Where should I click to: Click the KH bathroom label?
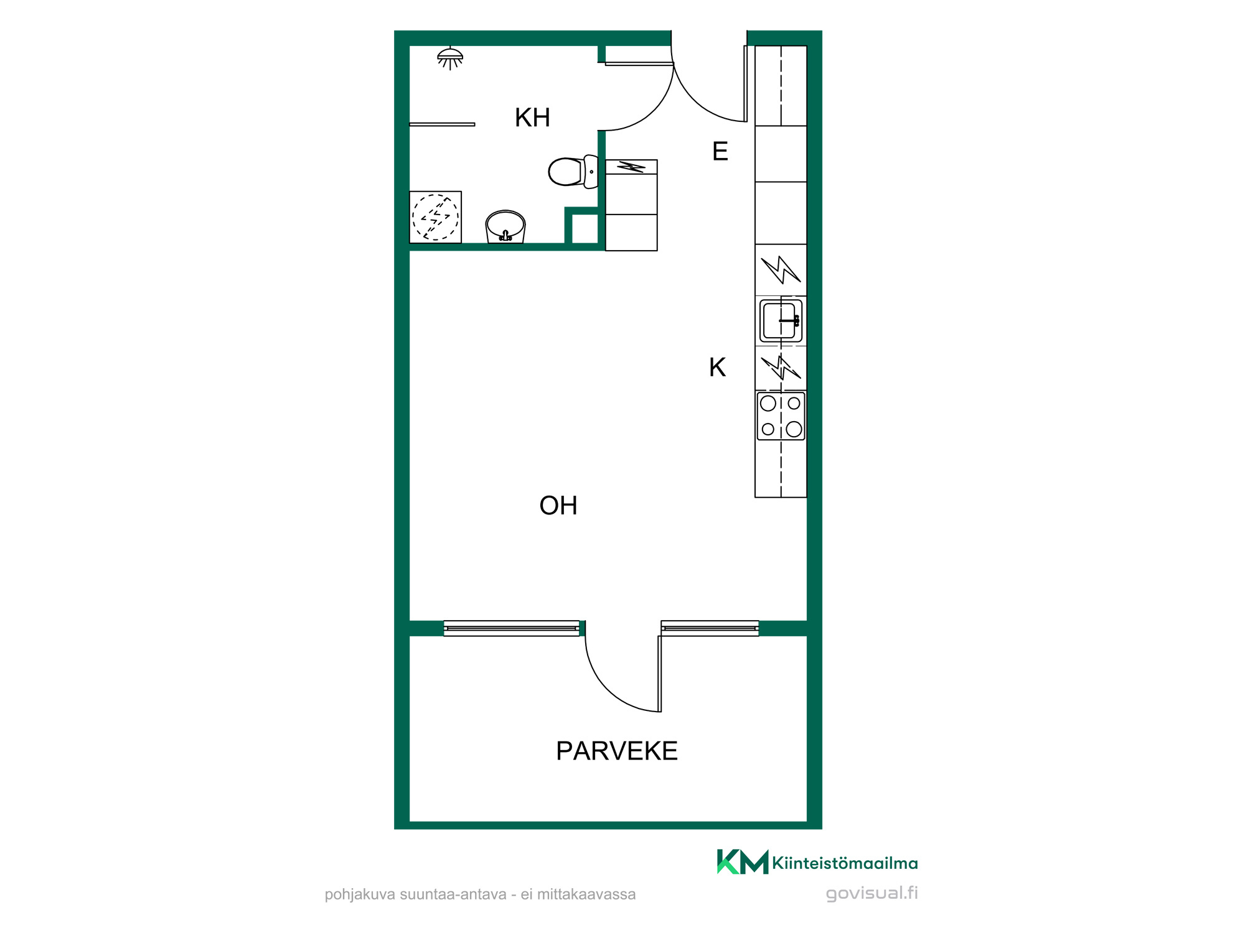click(x=532, y=118)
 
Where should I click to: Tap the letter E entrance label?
click(x=720, y=151)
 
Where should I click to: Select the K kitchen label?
click(x=717, y=367)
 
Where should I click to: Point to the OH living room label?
click(x=558, y=506)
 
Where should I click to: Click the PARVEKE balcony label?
click(x=616, y=751)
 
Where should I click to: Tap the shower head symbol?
click(x=450, y=58)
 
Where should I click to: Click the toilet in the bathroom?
click(x=573, y=172)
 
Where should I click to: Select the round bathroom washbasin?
click(x=505, y=226)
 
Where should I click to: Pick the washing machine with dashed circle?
click(x=435, y=217)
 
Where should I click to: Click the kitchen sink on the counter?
click(x=781, y=321)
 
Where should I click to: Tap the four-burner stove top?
click(x=781, y=416)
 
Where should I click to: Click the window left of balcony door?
click(x=512, y=628)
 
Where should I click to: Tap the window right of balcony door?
click(x=710, y=628)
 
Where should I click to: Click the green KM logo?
click(x=743, y=862)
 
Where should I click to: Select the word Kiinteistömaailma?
click(x=845, y=863)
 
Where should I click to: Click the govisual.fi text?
click(x=872, y=893)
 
